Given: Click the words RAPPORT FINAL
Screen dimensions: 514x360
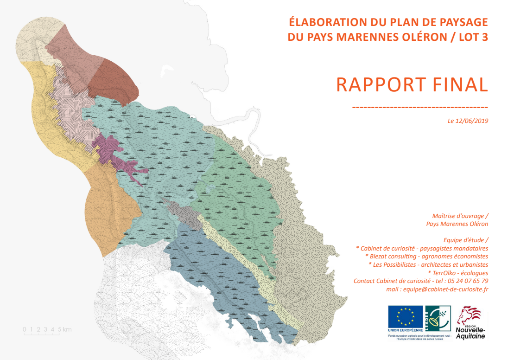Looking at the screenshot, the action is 412,85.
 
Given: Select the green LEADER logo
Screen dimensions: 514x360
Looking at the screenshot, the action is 438,319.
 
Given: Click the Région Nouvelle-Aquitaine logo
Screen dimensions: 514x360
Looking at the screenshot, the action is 470,323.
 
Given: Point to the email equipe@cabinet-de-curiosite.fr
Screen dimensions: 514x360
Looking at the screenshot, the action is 445,289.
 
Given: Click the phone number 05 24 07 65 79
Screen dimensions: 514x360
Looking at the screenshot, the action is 468,281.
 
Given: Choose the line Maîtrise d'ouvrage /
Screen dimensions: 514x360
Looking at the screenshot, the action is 460,216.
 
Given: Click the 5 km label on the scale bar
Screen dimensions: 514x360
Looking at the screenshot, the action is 65,329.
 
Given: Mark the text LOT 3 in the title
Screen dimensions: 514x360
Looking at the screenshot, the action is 474,37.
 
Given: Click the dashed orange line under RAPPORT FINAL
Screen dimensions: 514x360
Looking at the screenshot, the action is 420,107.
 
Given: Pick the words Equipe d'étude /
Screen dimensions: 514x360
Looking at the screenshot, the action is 466,240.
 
